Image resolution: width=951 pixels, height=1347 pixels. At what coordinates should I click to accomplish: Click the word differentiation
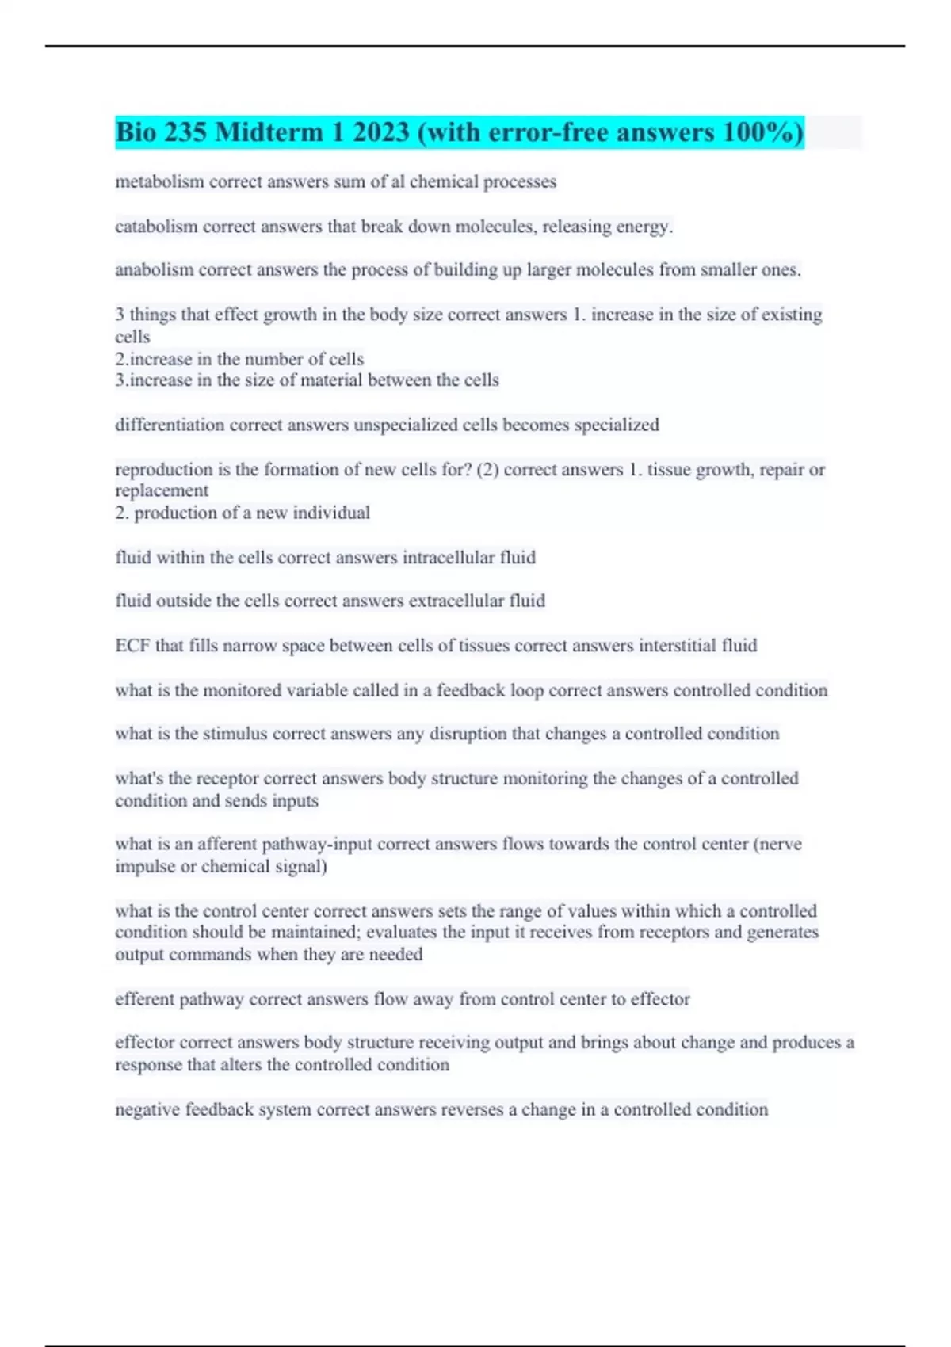[x=170, y=425]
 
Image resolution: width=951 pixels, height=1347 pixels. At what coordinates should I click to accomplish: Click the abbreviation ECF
[x=132, y=646]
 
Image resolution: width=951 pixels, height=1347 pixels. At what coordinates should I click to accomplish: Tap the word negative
[x=147, y=1109]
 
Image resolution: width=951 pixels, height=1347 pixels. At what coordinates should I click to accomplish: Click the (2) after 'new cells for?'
[x=487, y=470]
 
